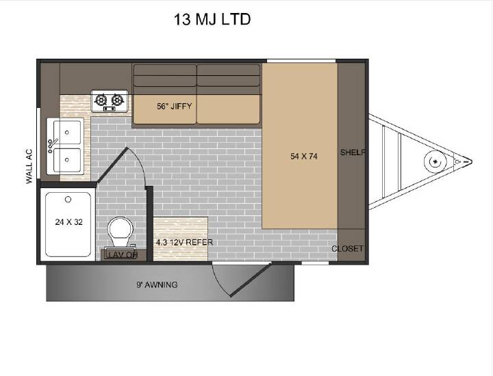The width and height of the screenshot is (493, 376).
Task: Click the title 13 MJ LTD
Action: point(212,19)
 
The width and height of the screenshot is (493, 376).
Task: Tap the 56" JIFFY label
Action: point(174,107)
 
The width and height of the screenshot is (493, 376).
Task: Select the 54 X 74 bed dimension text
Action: point(304,156)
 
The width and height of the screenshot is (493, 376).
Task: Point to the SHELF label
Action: point(353,152)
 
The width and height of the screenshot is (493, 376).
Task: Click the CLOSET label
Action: point(347,249)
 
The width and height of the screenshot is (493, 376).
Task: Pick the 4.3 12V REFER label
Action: point(185,242)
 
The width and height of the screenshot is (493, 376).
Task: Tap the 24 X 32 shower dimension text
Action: point(69,222)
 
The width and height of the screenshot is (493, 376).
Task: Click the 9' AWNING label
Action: point(157,284)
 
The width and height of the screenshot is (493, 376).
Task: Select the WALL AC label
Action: point(29,166)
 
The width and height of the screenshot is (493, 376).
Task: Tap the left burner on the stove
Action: point(101,100)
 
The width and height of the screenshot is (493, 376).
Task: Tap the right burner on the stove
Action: point(116,100)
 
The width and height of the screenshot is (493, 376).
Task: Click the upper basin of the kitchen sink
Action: point(67,133)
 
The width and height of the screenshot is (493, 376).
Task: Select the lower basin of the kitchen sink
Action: point(67,160)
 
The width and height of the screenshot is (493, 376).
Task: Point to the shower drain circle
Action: point(68,200)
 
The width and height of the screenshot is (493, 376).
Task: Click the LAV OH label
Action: point(123,254)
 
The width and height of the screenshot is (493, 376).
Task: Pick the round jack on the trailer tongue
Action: point(435,162)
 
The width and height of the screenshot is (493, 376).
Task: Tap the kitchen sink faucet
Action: point(51,146)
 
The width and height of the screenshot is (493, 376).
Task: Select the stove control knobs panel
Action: point(110,109)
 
